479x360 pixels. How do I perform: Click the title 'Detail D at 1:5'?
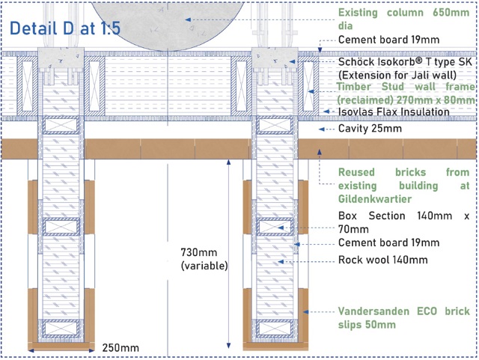(x=65, y=28)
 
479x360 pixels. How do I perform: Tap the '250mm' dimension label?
(x=120, y=348)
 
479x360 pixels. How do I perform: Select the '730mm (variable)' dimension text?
(x=204, y=259)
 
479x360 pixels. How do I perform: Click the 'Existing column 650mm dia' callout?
(x=403, y=19)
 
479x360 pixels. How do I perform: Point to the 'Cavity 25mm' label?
(x=370, y=128)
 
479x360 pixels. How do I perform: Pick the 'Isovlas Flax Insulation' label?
(x=394, y=112)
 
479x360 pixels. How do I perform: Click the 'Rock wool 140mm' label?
(x=382, y=260)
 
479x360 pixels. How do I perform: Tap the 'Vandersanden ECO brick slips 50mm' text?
(x=403, y=318)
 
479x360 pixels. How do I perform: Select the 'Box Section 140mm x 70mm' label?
(x=403, y=222)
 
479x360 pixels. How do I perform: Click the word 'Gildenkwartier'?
(x=375, y=199)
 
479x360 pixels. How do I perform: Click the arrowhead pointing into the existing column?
(x=188, y=19)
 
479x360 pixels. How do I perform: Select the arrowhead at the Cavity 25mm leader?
(x=321, y=129)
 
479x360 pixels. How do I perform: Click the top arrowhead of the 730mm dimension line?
(x=228, y=162)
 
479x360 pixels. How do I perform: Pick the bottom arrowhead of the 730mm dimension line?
(x=228, y=345)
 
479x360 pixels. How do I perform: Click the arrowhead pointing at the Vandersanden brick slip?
(x=306, y=311)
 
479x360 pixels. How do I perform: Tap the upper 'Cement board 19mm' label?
(x=388, y=40)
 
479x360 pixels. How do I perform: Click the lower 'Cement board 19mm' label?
(x=388, y=242)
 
